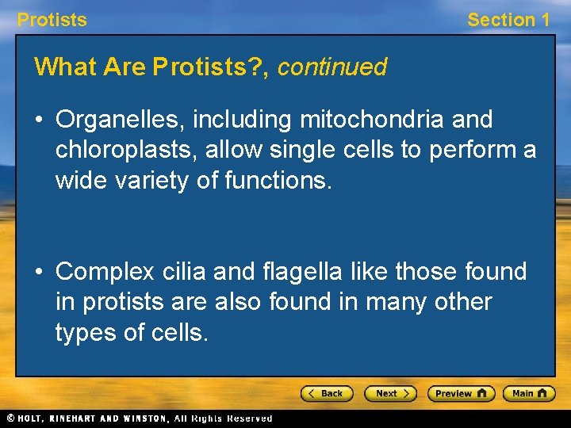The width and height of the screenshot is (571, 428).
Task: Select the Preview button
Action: click(461, 393)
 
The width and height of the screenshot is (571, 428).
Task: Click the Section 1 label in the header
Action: click(508, 20)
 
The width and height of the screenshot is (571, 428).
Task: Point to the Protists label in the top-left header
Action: click(52, 20)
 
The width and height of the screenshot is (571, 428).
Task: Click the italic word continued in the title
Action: click(331, 67)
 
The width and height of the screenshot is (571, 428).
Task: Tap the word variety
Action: click(167, 181)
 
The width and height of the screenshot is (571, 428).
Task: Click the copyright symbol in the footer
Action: click(9, 418)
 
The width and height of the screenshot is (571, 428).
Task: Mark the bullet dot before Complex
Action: click(41, 273)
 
